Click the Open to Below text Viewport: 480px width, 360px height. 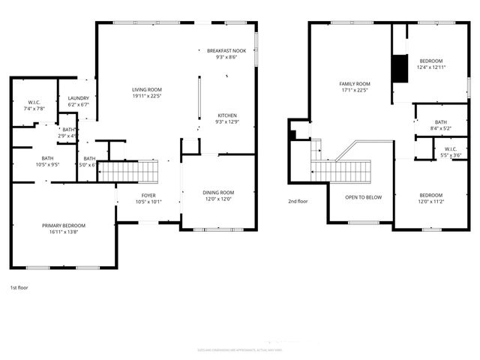point(363,197)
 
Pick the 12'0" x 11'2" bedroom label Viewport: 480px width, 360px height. point(430,197)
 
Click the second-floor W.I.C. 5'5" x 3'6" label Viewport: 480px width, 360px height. point(450,151)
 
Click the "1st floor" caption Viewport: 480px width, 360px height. point(19,288)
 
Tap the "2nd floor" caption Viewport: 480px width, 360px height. point(298,201)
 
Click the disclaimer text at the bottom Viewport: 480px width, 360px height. point(240,349)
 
